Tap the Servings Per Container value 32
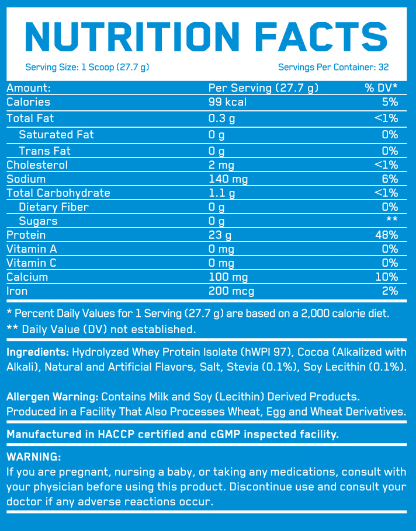[383, 67]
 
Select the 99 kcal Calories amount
[228, 102]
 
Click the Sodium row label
[26, 179]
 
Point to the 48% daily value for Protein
[387, 235]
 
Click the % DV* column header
[381, 88]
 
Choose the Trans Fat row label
[44, 151]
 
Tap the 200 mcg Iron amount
[231, 291]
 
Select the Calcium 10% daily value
[387, 277]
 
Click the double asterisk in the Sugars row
[392, 221]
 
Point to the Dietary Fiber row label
[54, 207]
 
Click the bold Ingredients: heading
[38, 352]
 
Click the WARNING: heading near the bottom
[33, 456]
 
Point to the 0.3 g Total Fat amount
[222, 118]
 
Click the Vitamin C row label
[29, 263]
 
